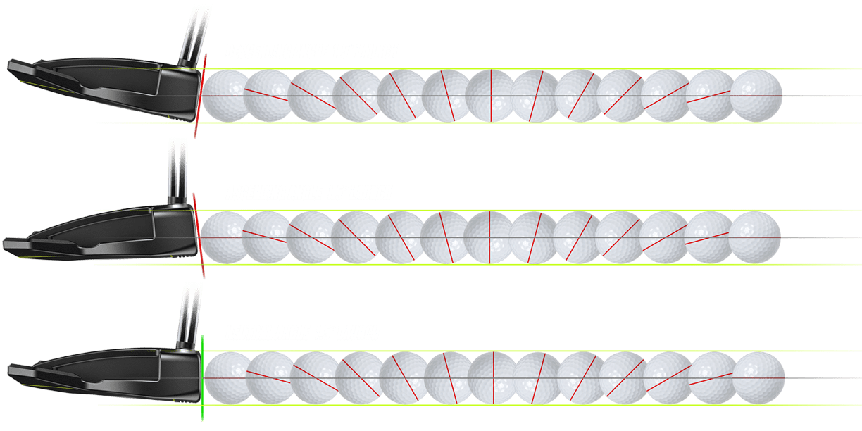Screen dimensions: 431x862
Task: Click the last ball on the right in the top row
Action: click(x=756, y=95)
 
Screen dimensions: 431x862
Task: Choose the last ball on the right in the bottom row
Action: click(x=758, y=377)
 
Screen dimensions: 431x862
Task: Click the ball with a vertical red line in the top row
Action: click(x=491, y=95)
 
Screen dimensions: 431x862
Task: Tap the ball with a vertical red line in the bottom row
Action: click(x=493, y=377)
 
